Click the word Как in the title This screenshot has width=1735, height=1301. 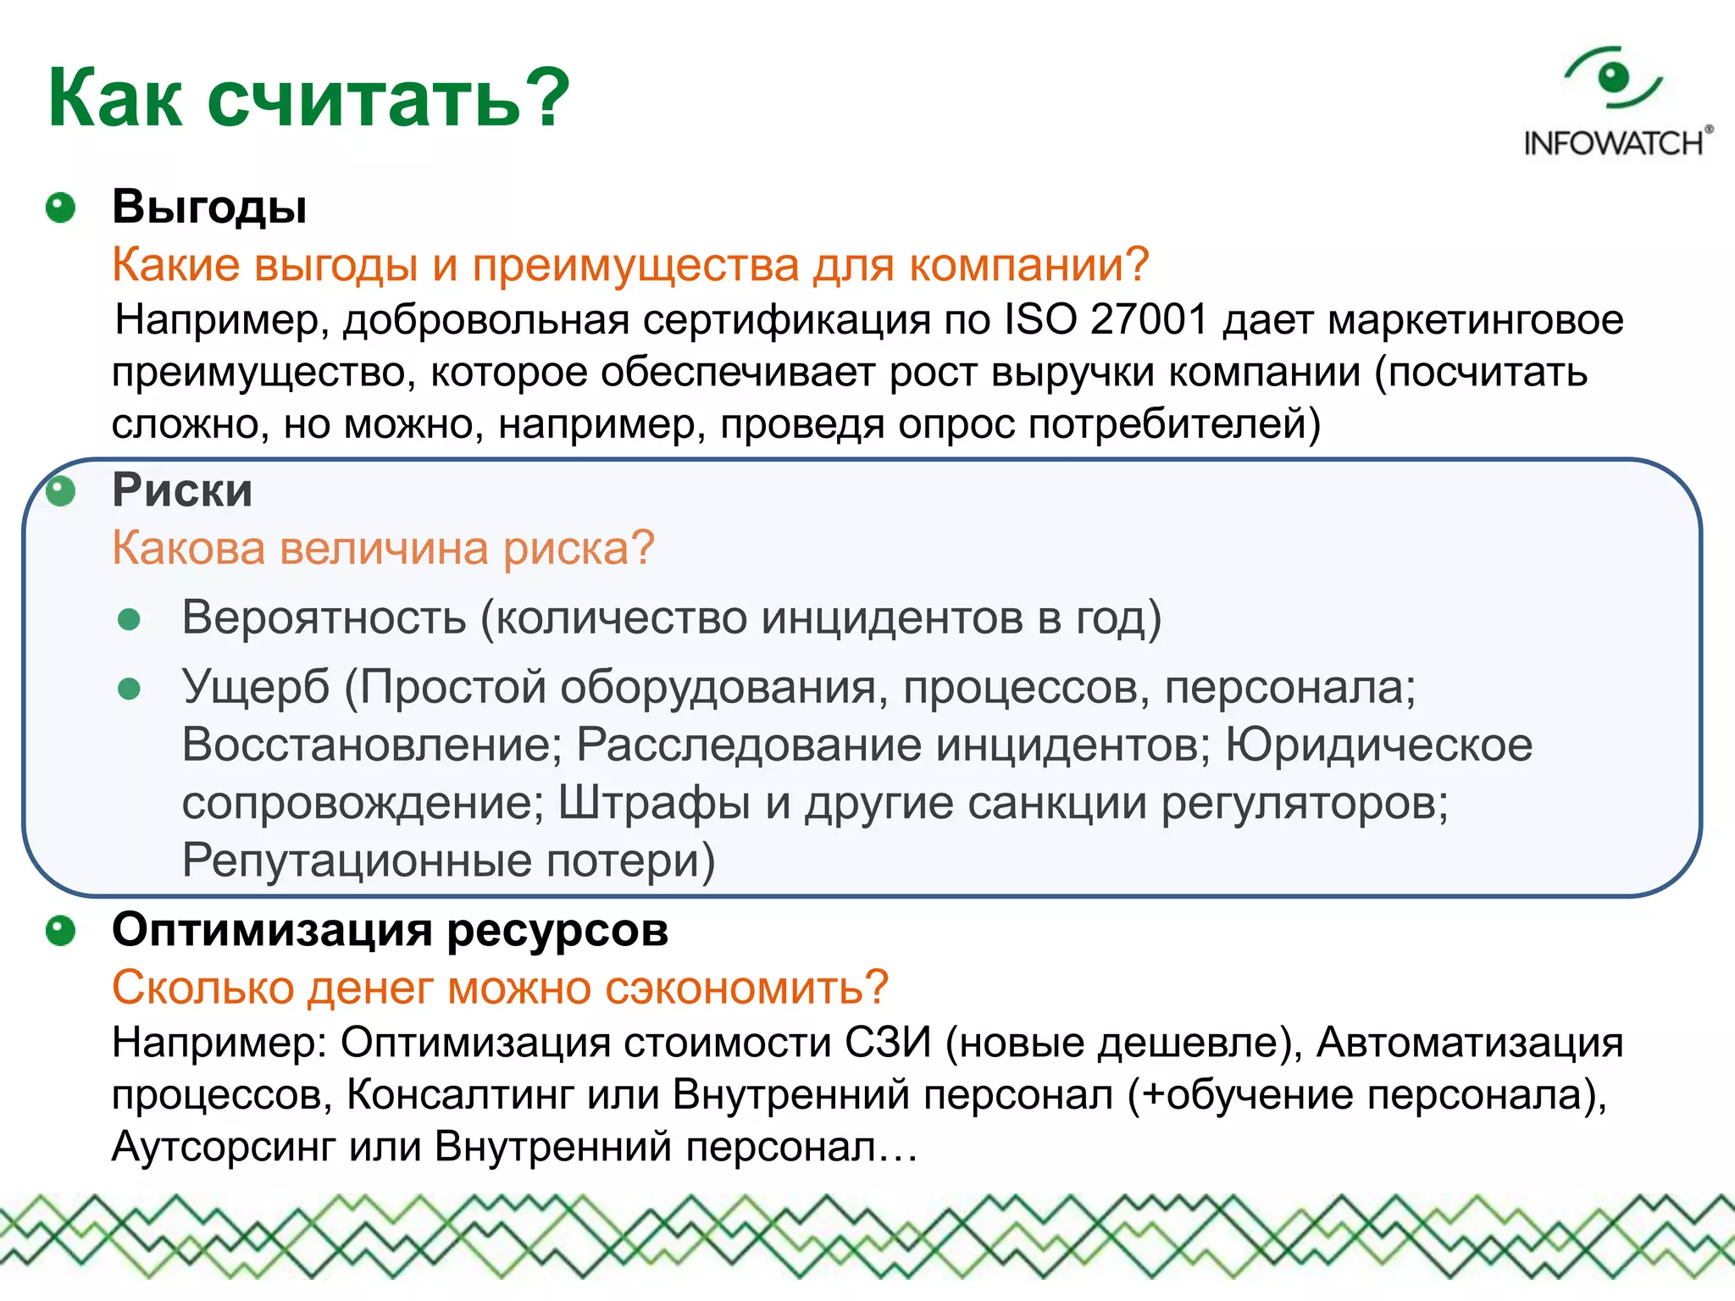coord(114,99)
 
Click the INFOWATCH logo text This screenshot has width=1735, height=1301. coord(1614,143)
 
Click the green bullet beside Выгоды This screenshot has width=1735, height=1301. coord(60,208)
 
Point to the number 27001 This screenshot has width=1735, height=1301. coord(1149,320)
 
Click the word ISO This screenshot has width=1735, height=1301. coord(1039,320)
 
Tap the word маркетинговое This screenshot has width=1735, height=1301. coord(1475,320)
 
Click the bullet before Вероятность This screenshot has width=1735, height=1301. coord(129,620)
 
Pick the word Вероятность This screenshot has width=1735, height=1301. coord(324,617)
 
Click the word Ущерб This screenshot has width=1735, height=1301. coord(255,687)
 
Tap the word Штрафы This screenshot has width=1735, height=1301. coord(654,803)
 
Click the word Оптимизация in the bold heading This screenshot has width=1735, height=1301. coord(272,930)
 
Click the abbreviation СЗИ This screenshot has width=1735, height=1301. coord(887,1042)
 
